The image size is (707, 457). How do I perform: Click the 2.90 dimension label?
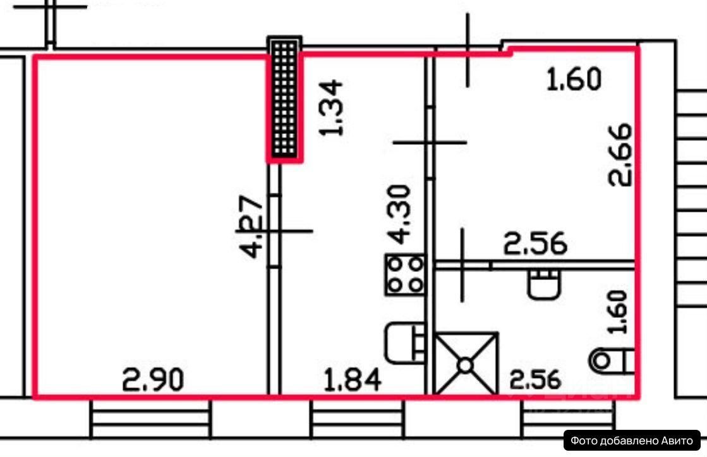pos(154,379)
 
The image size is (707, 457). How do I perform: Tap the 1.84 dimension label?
pos(353,379)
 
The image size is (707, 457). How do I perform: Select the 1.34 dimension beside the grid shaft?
pos(331,107)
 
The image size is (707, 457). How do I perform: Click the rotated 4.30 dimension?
pos(399,214)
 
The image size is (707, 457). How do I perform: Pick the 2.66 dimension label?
pos(620,155)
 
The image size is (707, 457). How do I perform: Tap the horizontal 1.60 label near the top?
pos(574,79)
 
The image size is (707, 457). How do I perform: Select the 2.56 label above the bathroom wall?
pos(535,243)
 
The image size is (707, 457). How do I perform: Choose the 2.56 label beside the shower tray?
pos(536,379)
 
